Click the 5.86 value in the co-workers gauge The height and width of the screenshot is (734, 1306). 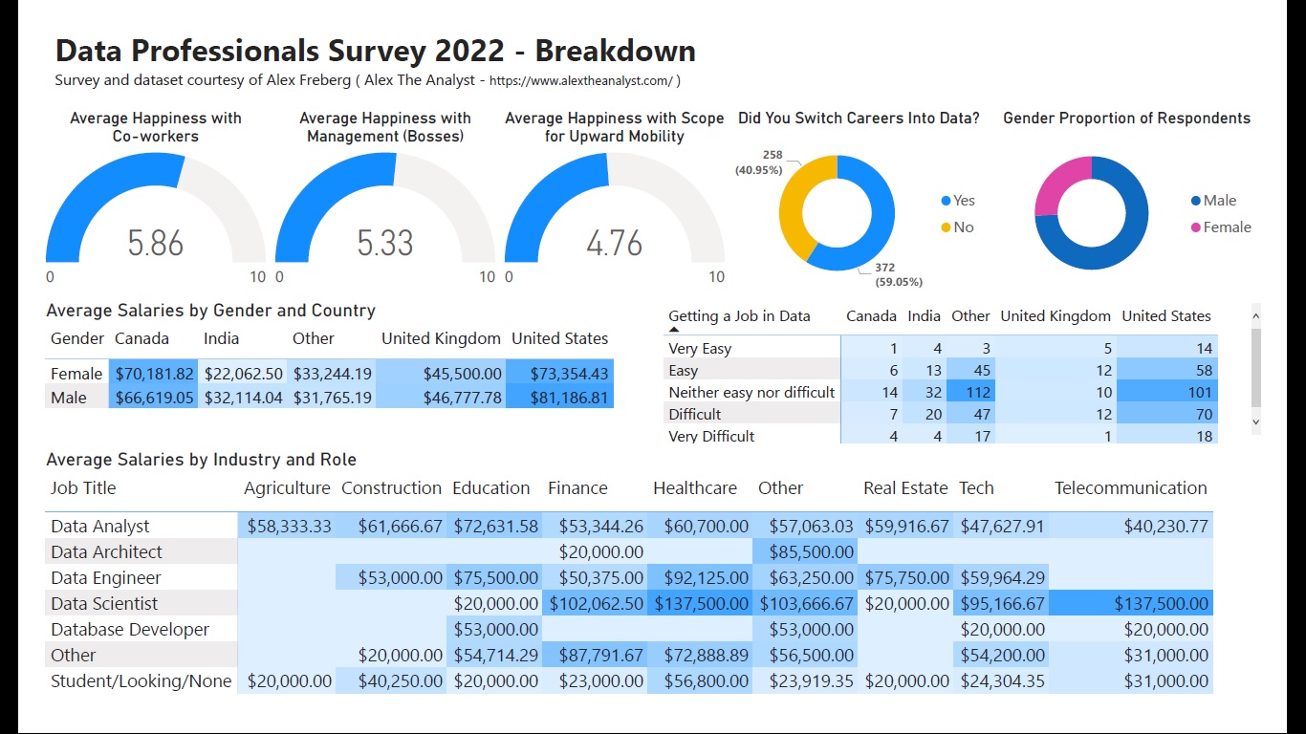pyautogui.click(x=155, y=243)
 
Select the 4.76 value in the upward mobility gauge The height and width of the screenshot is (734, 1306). pyautogui.click(x=614, y=243)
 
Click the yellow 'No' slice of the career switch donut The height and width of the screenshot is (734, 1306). pyautogui.click(x=795, y=205)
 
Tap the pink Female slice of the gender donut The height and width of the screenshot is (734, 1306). pyautogui.click(x=1059, y=182)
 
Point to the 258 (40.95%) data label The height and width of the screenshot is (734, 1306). pyautogui.click(x=758, y=162)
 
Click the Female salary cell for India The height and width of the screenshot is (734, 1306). pyautogui.click(x=243, y=374)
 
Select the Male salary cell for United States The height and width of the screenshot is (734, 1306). pyautogui.click(x=559, y=398)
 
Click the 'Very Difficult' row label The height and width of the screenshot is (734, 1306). pyautogui.click(x=711, y=436)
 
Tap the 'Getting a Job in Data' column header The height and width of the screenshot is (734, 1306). pyautogui.click(x=739, y=316)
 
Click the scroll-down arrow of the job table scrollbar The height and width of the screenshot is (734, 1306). pyautogui.click(x=1255, y=421)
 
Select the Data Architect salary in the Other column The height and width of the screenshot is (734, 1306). pyautogui.click(x=806, y=551)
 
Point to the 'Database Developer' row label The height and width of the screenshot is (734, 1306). pyautogui.click(x=130, y=629)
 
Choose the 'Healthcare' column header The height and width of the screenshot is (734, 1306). pyautogui.click(x=695, y=488)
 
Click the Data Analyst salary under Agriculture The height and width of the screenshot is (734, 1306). pyautogui.click(x=289, y=526)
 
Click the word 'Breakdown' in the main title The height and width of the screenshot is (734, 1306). pyautogui.click(x=615, y=50)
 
